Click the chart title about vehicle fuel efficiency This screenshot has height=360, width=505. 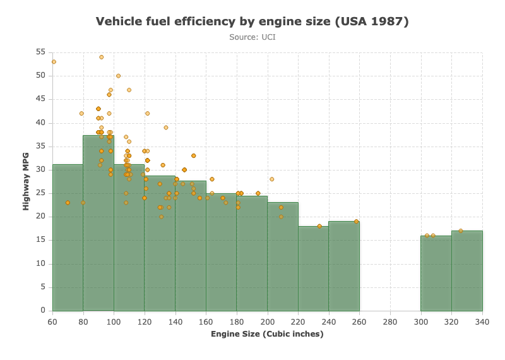point(252,21)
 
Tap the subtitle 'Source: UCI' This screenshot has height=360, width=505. point(252,37)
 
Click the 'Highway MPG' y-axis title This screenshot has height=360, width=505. point(26,181)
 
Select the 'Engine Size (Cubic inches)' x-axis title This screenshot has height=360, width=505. point(267,334)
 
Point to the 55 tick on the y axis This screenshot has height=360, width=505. point(40,52)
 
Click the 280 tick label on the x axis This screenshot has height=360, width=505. point(390,321)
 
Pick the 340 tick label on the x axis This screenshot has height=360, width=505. point(482,321)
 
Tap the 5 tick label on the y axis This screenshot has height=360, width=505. point(43,287)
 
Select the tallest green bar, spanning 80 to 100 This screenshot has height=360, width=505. point(98,223)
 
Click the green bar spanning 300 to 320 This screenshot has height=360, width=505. point(436,273)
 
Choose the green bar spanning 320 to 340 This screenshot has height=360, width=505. point(467,271)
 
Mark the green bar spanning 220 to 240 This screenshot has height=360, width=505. point(313,268)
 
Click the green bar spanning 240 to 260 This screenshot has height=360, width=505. point(344,267)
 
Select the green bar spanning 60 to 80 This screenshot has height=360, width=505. point(68,238)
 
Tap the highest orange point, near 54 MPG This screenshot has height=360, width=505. point(102,57)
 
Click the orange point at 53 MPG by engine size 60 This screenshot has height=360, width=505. point(54,62)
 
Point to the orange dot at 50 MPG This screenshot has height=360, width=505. point(118,76)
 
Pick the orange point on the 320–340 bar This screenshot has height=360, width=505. point(461,231)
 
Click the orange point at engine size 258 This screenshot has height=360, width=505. point(356,222)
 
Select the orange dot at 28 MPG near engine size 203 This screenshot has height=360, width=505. point(272,179)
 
